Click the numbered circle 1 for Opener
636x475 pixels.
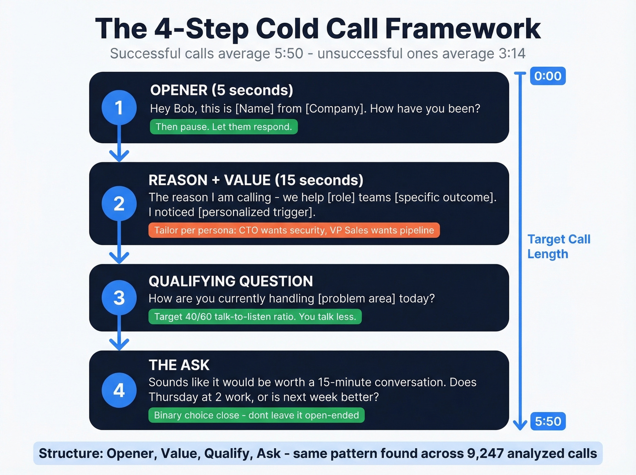tap(119, 108)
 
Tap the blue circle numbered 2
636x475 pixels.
tap(119, 204)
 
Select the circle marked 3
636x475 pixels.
tap(119, 298)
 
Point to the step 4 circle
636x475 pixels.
tap(119, 390)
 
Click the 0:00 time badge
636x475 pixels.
tap(548, 76)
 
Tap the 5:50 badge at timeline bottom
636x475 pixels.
tap(548, 421)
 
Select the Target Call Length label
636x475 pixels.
tap(558, 246)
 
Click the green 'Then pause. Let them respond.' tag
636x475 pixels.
tap(224, 127)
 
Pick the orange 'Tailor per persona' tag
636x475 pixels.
tap(294, 230)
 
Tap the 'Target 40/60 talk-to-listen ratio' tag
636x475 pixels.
tap(255, 317)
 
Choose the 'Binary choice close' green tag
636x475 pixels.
tap(256, 415)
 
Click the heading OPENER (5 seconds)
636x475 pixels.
tap(221, 90)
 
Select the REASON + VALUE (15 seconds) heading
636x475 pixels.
tap(256, 180)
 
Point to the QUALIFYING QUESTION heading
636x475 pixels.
tap(231, 281)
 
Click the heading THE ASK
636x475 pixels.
tap(179, 365)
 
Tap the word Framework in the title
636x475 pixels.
tap(462, 29)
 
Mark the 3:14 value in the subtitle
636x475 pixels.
tap(512, 54)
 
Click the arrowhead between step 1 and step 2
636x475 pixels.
tap(119, 155)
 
